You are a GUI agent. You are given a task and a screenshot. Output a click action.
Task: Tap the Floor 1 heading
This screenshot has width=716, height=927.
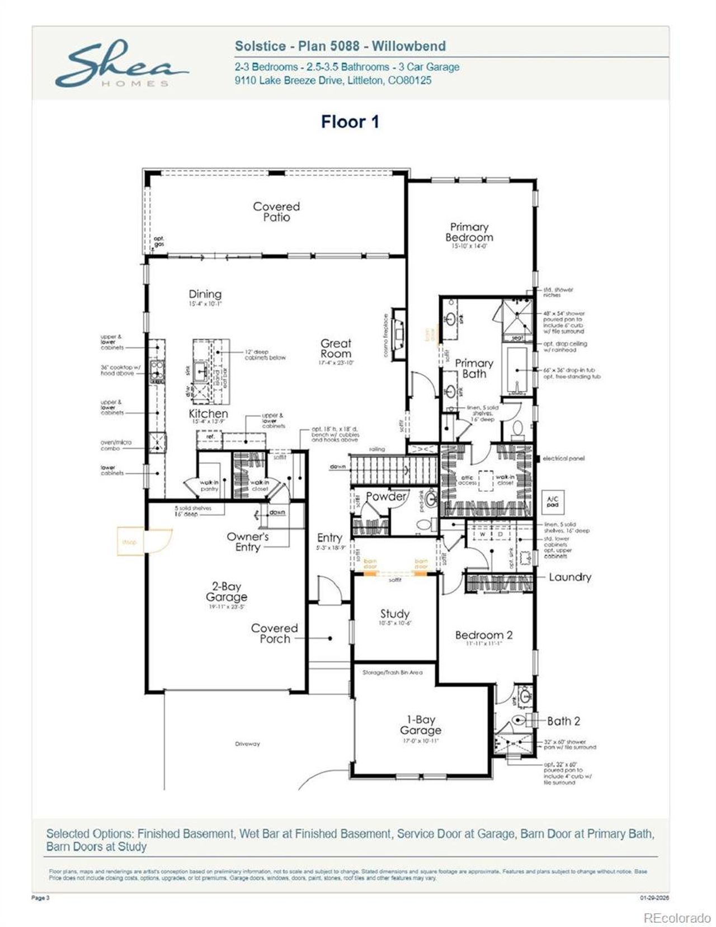(350, 121)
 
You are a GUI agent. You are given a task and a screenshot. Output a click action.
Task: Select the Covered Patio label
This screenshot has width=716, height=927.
(276, 211)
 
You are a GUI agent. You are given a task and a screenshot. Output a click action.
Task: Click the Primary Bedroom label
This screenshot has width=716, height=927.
(469, 232)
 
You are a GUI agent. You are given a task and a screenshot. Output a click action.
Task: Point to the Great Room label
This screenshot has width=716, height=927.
(336, 349)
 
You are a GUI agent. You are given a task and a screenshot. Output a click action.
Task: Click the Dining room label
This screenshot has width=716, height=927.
(205, 294)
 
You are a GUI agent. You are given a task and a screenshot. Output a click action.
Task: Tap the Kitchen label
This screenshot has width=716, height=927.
(208, 414)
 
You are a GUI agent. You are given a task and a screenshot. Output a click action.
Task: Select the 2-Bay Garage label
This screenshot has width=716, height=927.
(226, 592)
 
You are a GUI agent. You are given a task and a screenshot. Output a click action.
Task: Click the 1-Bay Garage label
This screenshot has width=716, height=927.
(421, 725)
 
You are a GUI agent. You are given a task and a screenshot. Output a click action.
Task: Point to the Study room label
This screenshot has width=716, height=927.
(395, 614)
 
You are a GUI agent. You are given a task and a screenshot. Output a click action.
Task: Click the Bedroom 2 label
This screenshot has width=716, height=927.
(484, 635)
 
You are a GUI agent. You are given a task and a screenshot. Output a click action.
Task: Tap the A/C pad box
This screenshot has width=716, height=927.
(552, 501)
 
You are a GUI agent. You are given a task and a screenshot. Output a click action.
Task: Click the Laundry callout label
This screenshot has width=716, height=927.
(569, 577)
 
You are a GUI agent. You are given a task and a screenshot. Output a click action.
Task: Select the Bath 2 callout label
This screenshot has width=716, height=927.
(563, 721)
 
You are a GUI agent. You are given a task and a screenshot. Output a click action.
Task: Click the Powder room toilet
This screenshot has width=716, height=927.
(424, 524)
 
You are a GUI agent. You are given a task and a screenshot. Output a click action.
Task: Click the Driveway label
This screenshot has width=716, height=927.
(247, 744)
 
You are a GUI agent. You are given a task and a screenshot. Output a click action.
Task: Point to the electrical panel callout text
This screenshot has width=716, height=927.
(563, 458)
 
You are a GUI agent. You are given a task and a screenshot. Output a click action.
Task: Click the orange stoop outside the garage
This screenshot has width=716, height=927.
(130, 542)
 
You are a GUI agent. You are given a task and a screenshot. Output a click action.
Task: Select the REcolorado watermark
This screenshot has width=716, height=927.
(677, 918)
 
